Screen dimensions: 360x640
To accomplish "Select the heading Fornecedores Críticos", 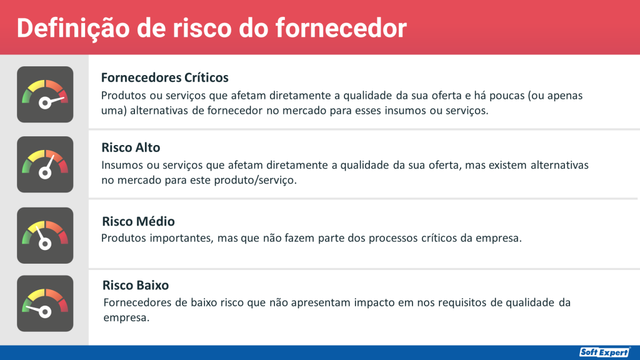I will tap(164, 77).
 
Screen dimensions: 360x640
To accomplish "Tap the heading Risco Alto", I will tap(131, 147).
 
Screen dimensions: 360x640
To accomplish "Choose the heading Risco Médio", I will tap(137, 221).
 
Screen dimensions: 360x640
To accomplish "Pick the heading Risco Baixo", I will tap(136, 286).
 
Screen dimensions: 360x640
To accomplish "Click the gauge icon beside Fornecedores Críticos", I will tap(45, 94).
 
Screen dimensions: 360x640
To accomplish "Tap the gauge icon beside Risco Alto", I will tap(45, 164).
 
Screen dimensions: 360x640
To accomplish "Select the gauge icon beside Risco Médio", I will tap(45, 235).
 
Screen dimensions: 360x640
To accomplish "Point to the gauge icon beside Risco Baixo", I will tap(45, 303).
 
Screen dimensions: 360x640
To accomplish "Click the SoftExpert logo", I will tap(604, 352).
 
